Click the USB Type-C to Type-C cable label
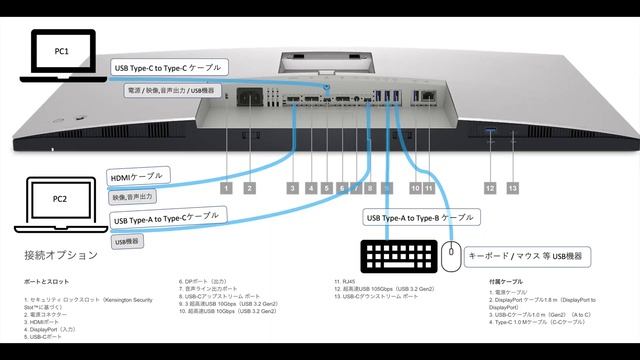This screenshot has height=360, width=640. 169,67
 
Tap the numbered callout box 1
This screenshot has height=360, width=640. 227,187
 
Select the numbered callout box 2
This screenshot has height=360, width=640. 249,187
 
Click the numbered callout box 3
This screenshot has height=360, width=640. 292,187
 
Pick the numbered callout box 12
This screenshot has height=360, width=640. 490,187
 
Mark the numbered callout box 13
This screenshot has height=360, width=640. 513,187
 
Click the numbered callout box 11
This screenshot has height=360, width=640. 429,187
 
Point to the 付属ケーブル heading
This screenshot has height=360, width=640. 510,283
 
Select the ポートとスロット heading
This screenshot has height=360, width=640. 46,283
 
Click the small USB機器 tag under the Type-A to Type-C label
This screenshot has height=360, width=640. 128,241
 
